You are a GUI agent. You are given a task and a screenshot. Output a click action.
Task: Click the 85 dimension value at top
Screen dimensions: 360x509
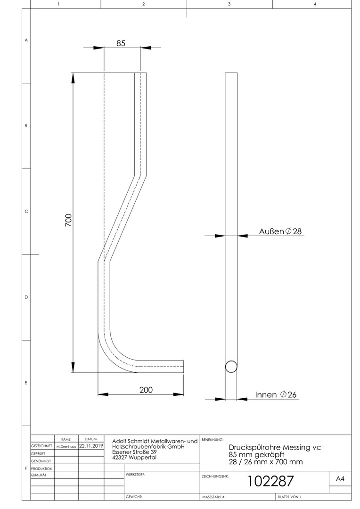point(121,43)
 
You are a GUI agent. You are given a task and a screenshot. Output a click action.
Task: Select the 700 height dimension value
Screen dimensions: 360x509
point(68,221)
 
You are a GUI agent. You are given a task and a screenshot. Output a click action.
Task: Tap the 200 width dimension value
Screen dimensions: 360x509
point(146,390)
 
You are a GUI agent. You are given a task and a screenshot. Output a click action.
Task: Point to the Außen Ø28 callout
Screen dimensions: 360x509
point(280,231)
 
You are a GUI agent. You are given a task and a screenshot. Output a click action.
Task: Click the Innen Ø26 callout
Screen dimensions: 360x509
point(276,394)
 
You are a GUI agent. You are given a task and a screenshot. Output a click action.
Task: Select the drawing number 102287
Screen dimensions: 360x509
point(270,481)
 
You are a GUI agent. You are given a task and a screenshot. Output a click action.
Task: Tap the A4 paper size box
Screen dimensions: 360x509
point(340,479)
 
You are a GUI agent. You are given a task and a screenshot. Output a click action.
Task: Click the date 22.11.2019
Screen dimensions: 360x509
point(91,446)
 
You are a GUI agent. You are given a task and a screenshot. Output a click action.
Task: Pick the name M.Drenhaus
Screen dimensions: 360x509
point(66,446)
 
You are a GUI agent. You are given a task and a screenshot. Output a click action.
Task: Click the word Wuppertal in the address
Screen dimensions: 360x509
point(142,458)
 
